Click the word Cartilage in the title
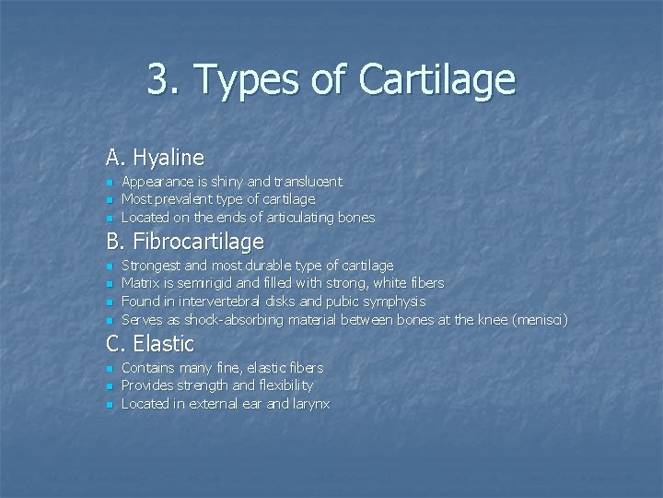(436, 80)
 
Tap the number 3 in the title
(158, 80)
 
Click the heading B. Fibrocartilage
(185, 242)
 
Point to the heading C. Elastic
(150, 344)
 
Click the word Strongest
(151, 266)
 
